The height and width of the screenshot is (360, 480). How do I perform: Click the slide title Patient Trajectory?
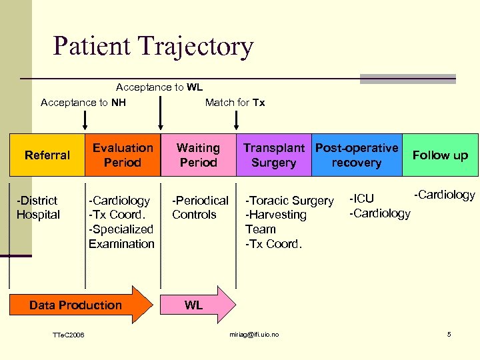153,46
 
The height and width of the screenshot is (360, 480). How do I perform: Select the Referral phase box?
47,155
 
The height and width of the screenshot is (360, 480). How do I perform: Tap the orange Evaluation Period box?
123,155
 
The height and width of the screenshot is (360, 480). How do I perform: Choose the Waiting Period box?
198,155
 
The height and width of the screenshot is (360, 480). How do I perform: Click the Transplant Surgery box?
273,155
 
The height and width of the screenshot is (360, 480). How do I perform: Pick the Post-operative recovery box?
357,155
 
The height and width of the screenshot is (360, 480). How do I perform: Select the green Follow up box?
441,155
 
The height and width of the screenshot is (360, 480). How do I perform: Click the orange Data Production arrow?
80,305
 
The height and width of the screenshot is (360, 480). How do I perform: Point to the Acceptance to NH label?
83,102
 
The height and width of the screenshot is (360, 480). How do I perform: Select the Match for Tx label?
235,102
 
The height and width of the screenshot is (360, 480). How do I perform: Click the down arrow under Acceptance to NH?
85,120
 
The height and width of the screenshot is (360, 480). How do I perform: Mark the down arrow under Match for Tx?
236,120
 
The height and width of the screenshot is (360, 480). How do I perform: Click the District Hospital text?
38,207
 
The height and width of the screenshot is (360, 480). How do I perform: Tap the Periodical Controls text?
200,207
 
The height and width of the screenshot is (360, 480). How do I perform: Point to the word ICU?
363,198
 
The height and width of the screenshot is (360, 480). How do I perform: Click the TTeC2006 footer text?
69,335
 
